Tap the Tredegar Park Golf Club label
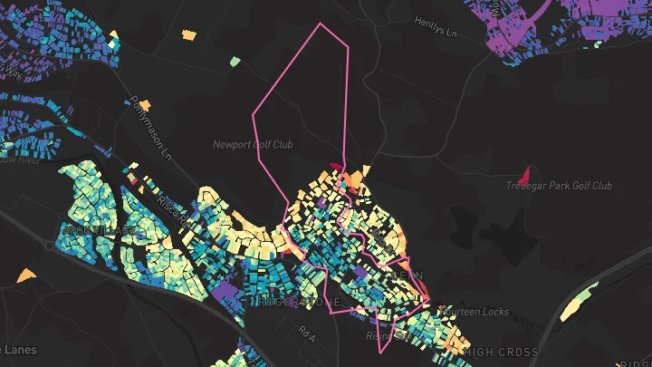559,186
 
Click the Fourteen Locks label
474,312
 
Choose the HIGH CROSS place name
500,352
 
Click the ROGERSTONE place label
295,301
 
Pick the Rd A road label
307,334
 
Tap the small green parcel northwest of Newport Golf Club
235,62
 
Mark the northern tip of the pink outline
320,24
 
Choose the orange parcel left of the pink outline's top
188,35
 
